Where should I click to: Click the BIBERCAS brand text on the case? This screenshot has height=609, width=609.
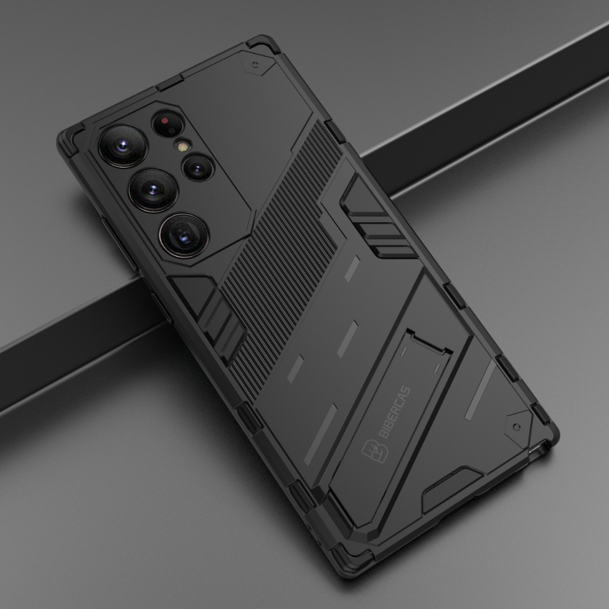tap(395, 412)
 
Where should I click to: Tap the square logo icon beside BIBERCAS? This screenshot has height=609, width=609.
tap(375, 451)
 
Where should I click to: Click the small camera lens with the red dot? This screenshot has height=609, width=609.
tap(167, 124)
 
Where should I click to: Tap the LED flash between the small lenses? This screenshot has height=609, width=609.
tap(182, 146)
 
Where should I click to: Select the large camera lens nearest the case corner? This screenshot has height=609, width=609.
tap(122, 146)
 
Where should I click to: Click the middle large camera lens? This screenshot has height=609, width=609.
tap(154, 190)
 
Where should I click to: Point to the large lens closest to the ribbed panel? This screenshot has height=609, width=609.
tap(184, 235)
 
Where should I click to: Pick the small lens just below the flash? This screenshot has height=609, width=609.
tap(198, 167)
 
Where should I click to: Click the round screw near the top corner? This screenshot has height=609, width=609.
tap(255, 65)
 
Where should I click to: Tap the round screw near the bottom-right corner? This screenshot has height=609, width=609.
tap(516, 427)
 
